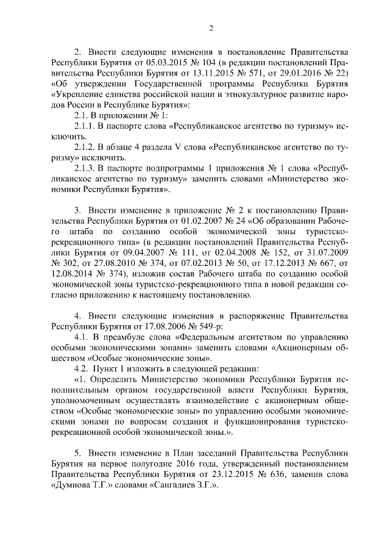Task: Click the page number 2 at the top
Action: pyautogui.click(x=210, y=27)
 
